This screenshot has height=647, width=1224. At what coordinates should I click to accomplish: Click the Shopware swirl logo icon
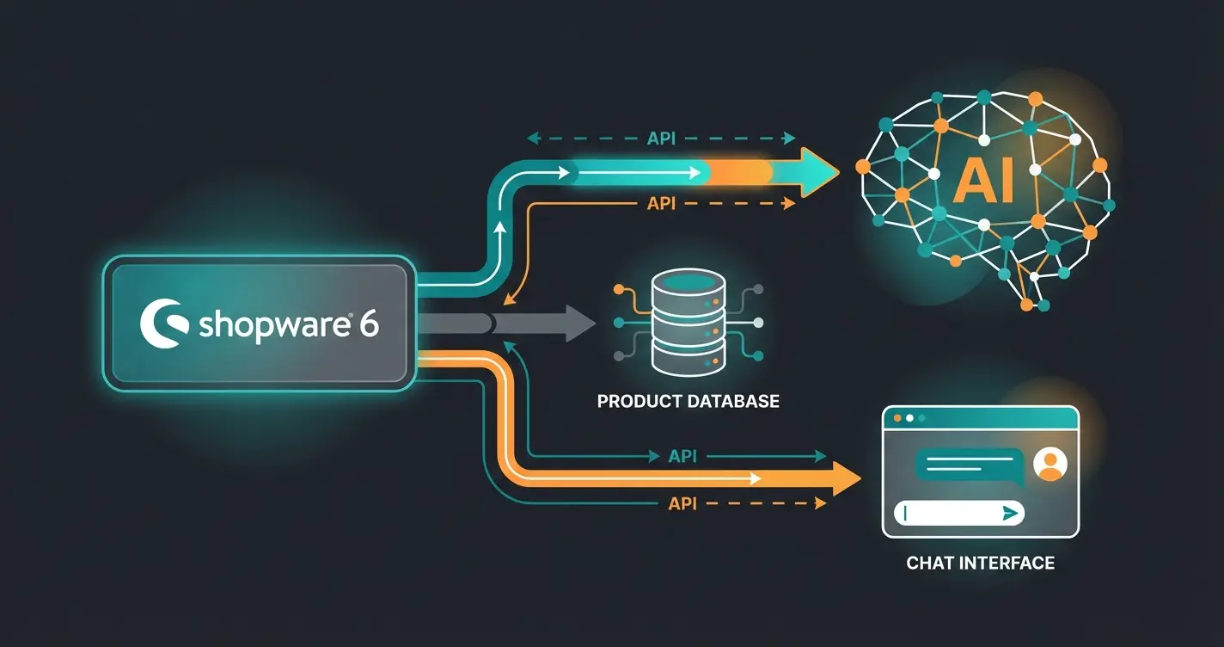162,323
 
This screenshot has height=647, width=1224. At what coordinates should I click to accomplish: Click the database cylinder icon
688,323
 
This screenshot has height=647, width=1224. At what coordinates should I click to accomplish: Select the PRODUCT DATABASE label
688,401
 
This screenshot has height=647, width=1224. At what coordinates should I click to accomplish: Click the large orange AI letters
983,182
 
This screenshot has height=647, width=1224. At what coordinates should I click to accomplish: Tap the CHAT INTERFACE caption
980,564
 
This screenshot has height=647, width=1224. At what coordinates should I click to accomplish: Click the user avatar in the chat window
1050,465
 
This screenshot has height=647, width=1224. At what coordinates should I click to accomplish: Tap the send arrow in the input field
1010,513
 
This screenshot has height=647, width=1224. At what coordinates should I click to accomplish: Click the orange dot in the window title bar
897,418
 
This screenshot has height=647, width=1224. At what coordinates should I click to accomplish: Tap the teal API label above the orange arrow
682,456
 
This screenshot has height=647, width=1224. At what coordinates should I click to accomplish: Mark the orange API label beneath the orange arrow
682,503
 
